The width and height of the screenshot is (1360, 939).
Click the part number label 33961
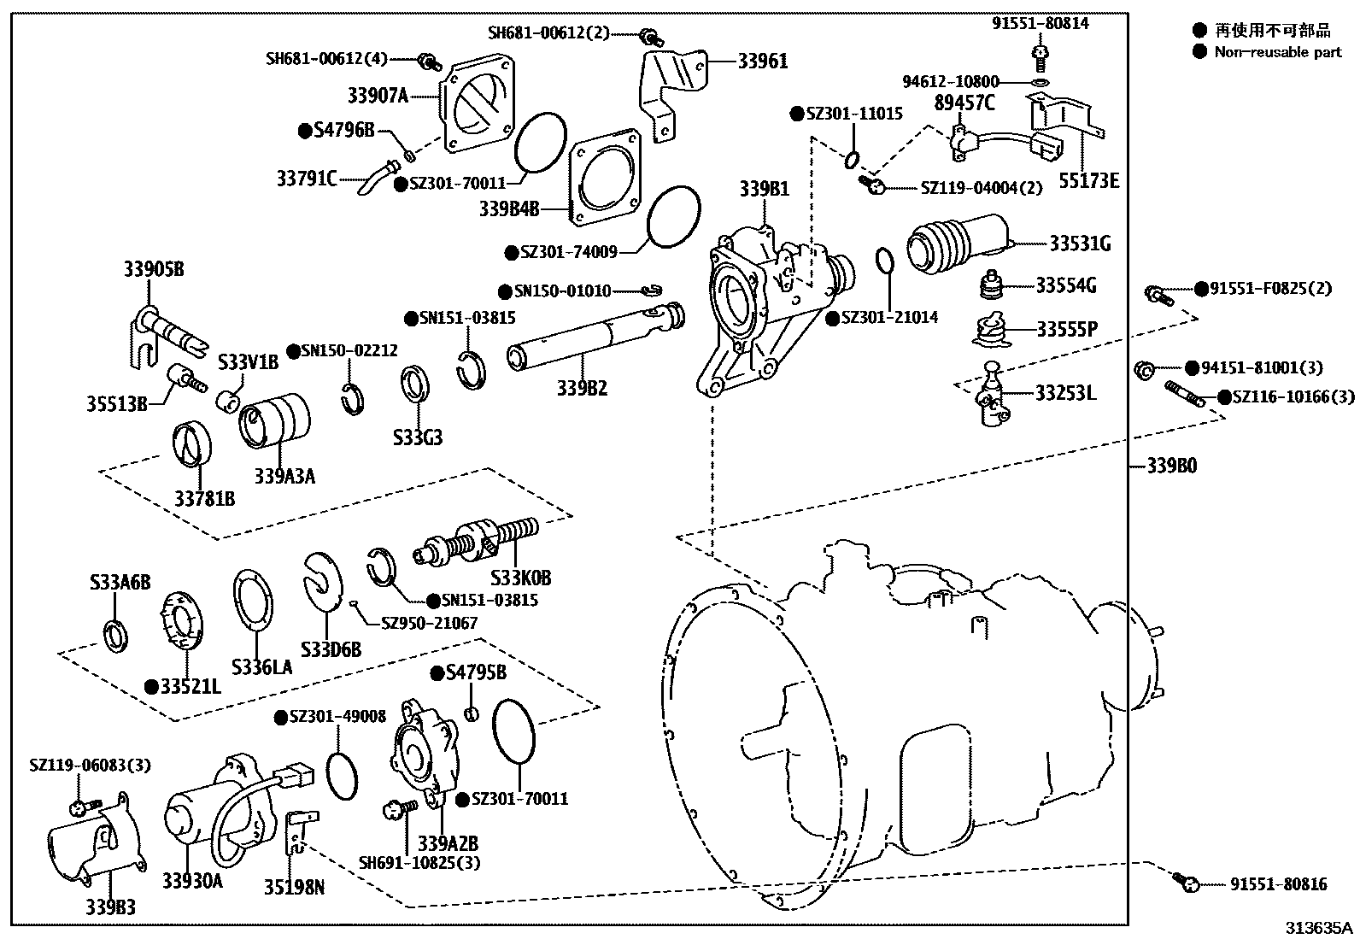coord(762,62)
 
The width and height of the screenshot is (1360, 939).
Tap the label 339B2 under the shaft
coord(582,388)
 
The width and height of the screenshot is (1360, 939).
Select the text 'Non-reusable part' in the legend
coord(1278,52)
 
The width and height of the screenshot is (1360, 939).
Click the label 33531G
coord(1080,244)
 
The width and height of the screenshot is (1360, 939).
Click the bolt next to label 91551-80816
coord(1184,881)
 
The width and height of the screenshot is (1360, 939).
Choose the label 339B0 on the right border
coord(1171,467)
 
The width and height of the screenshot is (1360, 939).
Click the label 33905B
coord(153,270)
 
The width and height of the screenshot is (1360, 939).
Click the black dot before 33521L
coord(151,685)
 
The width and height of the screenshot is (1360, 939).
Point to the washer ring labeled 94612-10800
coord(1040,82)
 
